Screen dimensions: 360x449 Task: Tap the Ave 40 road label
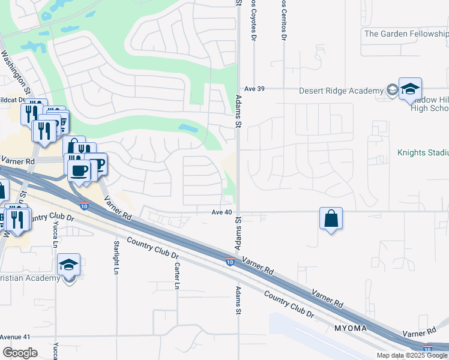click(x=221, y=212)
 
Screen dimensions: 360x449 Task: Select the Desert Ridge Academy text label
click(x=341, y=91)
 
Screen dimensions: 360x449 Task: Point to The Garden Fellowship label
click(x=406, y=34)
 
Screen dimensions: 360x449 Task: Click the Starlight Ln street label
click(x=116, y=257)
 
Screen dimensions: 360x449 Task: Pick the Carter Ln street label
click(x=177, y=276)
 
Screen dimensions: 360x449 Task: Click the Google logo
click(x=20, y=353)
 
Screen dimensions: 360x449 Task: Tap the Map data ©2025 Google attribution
click(x=412, y=355)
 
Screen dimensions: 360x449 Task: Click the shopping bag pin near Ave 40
click(x=331, y=219)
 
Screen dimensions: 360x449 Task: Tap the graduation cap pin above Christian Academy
click(x=69, y=265)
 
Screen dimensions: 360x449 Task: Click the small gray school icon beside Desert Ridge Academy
click(x=392, y=91)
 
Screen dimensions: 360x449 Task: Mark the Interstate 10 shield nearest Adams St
click(x=230, y=262)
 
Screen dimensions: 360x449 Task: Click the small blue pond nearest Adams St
click(x=187, y=128)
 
